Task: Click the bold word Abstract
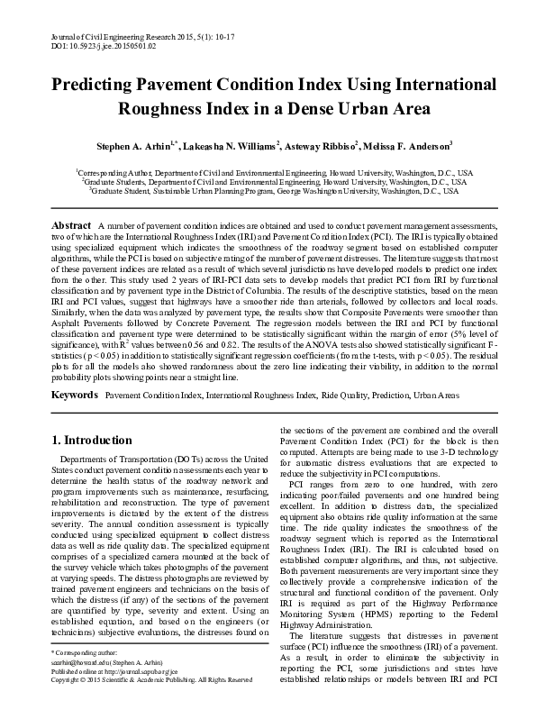[x=72, y=224]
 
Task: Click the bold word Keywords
[x=75, y=396]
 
